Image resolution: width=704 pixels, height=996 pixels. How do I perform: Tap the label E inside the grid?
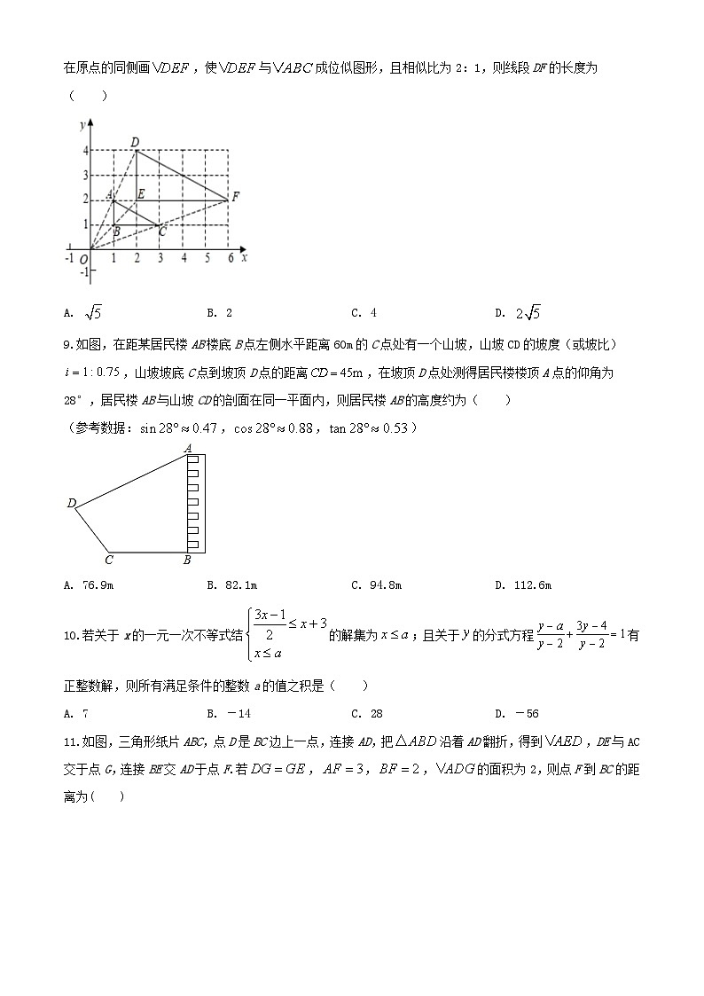(141, 192)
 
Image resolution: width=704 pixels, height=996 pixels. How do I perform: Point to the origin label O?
(83, 260)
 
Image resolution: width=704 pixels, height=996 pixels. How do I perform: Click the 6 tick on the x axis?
(230, 258)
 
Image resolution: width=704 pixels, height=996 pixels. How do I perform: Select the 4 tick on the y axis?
(85, 151)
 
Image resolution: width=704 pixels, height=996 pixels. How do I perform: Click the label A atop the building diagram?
(188, 449)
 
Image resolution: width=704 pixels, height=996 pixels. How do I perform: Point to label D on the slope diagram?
(71, 504)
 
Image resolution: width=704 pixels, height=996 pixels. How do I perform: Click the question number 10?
(71, 635)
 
